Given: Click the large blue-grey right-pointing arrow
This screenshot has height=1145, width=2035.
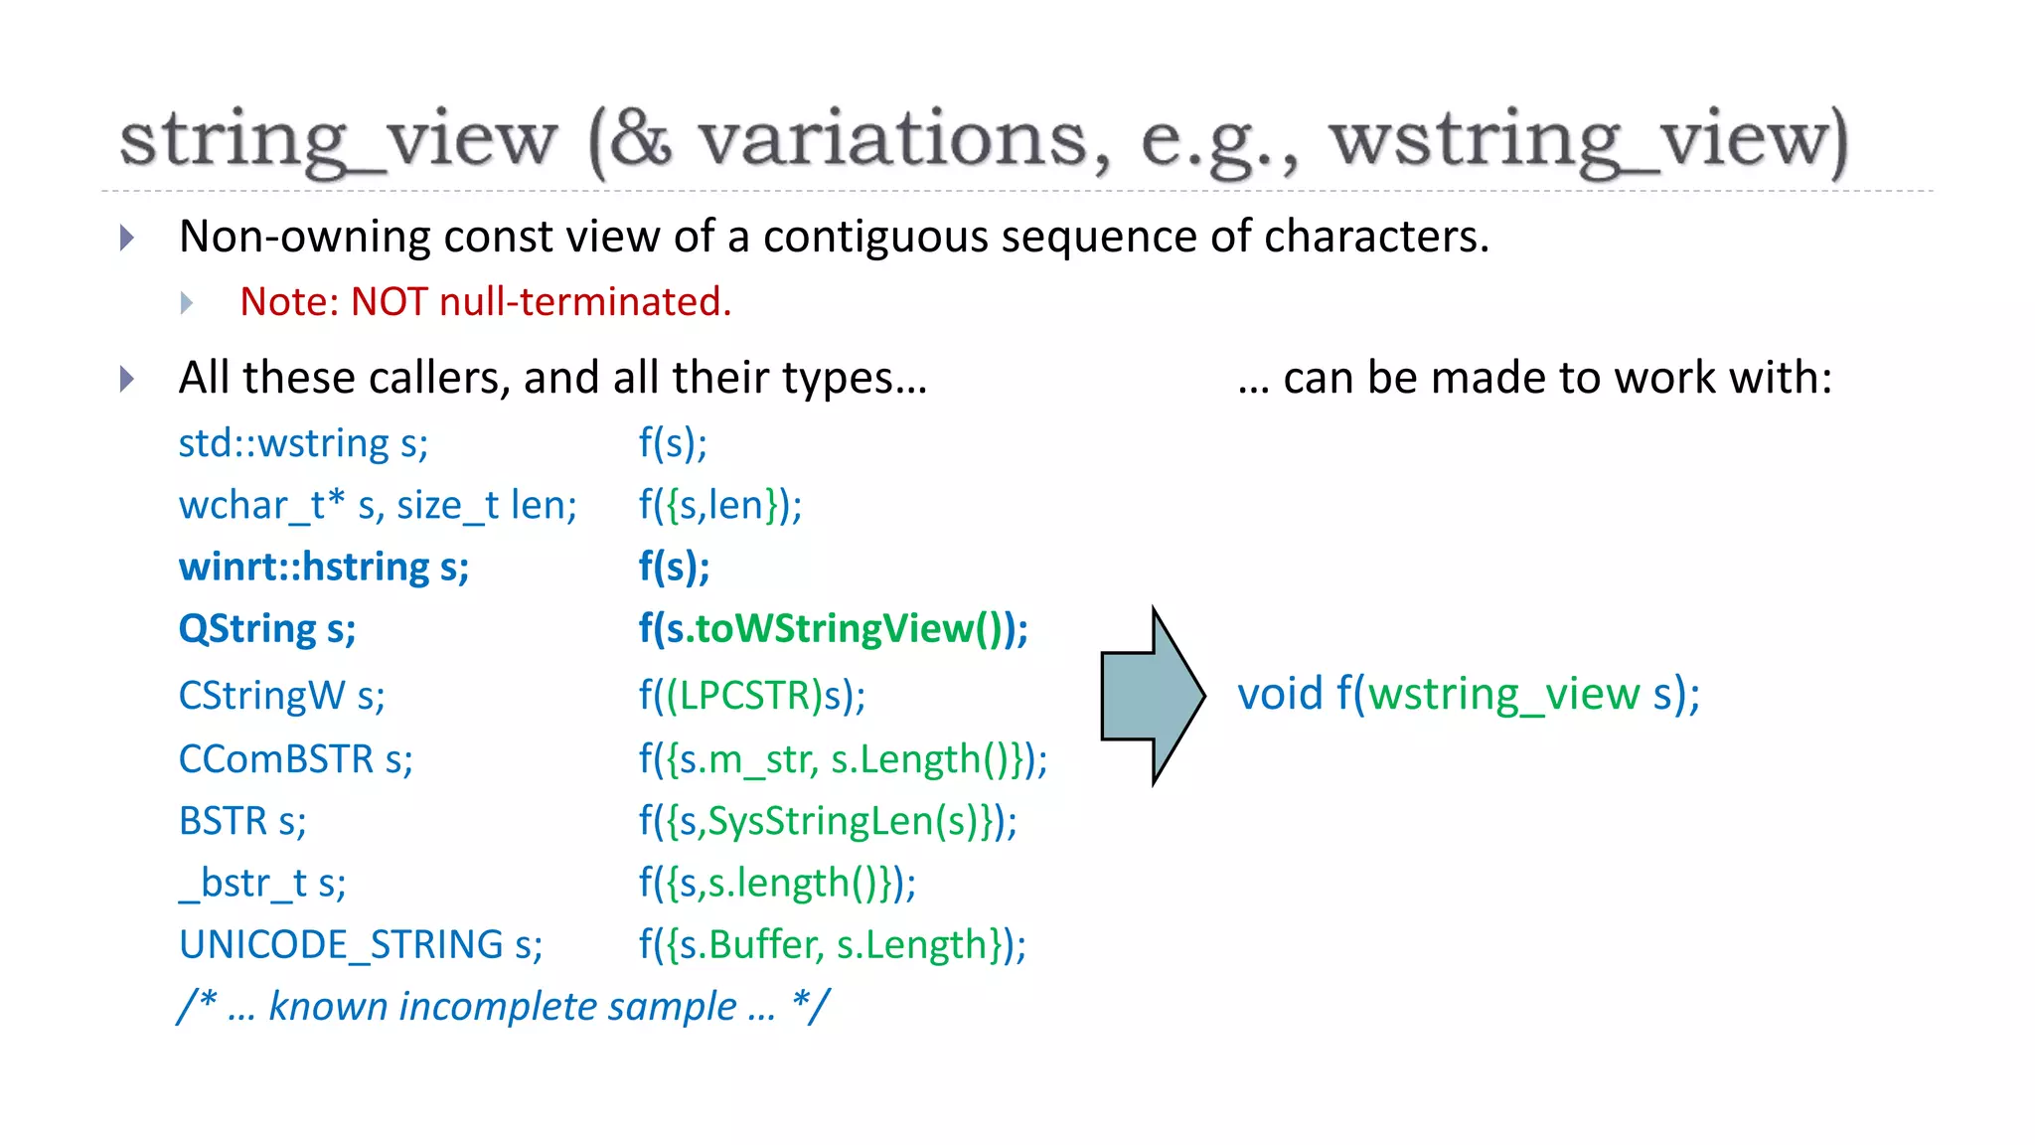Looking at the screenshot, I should (1153, 696).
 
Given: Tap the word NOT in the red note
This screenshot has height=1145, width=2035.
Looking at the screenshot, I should (390, 302).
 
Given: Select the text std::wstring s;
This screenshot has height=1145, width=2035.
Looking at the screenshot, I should (303, 443).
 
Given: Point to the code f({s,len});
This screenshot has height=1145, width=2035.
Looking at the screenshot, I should (720, 505).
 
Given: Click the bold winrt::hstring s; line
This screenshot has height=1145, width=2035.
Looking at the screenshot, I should (324, 567).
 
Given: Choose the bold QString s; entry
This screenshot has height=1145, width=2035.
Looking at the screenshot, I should (267, 629).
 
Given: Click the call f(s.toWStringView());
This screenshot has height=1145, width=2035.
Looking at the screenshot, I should (833, 629).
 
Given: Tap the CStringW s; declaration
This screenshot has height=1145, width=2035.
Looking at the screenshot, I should (281, 696).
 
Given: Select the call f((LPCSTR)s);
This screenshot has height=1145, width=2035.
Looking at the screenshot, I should (752, 696).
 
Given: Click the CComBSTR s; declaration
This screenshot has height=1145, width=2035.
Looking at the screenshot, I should (295, 759).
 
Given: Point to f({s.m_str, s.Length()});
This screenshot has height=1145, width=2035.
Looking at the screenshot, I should (843, 759).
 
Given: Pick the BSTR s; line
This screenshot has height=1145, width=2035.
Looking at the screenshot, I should (242, 822).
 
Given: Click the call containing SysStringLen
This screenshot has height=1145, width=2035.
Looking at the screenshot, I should (828, 822).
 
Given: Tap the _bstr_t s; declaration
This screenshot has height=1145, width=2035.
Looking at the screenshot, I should (262, 884).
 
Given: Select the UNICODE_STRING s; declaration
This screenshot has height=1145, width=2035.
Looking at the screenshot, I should (361, 945).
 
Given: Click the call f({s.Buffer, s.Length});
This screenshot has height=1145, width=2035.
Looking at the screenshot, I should (832, 945).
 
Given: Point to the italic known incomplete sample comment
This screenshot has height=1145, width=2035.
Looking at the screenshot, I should (504, 1007).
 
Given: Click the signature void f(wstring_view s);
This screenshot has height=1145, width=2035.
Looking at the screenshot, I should (1469, 694).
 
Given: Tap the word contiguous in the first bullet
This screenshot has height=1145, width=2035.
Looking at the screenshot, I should (874, 238).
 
